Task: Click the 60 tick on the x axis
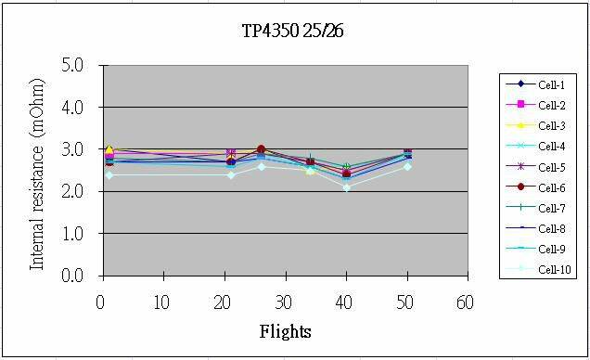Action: [x=464, y=302]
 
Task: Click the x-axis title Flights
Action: [x=285, y=331]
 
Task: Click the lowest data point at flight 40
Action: [x=347, y=187]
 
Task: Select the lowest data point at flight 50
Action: [x=407, y=166]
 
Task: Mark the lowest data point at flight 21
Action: [x=231, y=174]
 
